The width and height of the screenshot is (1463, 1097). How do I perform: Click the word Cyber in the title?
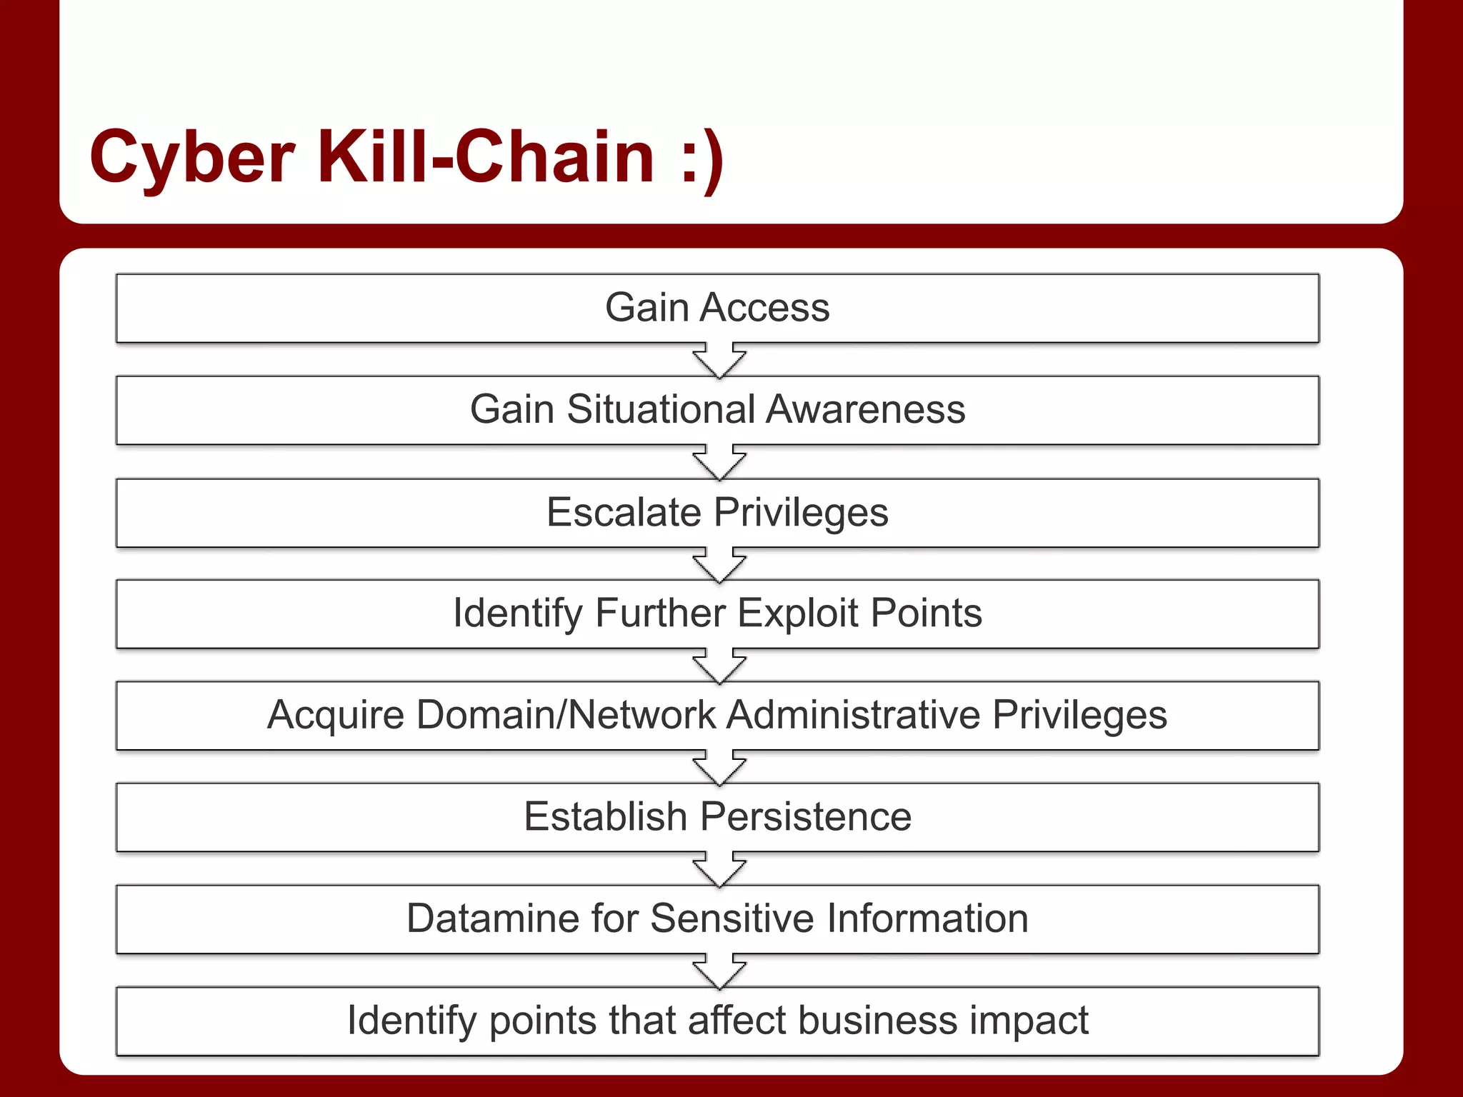pyautogui.click(x=191, y=157)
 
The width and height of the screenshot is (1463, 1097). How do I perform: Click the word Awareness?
pyautogui.click(x=866, y=410)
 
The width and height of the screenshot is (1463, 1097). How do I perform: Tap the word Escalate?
pyautogui.click(x=624, y=512)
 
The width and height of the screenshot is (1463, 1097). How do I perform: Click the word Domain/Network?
pyautogui.click(x=566, y=715)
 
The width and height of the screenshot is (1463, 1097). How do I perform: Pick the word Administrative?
pyautogui.click(x=853, y=715)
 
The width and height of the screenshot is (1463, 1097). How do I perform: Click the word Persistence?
pyautogui.click(x=805, y=816)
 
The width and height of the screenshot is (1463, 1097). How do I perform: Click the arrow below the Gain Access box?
pyautogui.click(x=719, y=361)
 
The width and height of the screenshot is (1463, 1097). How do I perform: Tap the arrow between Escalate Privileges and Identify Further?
pyautogui.click(x=719, y=565)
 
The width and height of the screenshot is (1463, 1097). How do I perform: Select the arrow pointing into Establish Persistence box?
pyautogui.click(x=719, y=768)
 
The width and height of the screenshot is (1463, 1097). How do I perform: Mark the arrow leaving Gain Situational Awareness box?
pyautogui.click(x=719, y=463)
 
